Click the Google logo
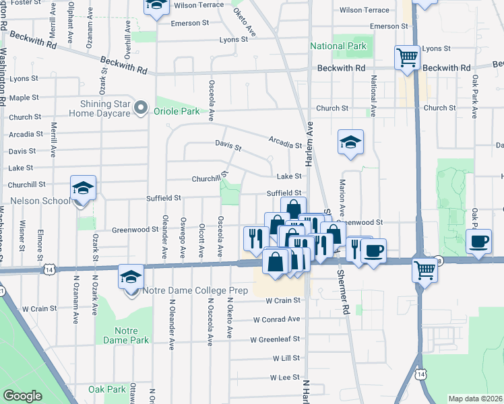tap(22, 396)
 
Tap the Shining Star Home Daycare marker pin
tap(141, 108)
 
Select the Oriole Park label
tap(177, 111)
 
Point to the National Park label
tap(338, 46)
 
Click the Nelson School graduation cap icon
tap(84, 189)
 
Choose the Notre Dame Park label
tap(122, 336)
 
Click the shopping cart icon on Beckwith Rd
tap(407, 58)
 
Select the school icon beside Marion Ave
tap(350, 142)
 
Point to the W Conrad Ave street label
tap(276, 320)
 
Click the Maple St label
tap(24, 98)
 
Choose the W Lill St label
tap(286, 359)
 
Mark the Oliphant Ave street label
tap(70, 28)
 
